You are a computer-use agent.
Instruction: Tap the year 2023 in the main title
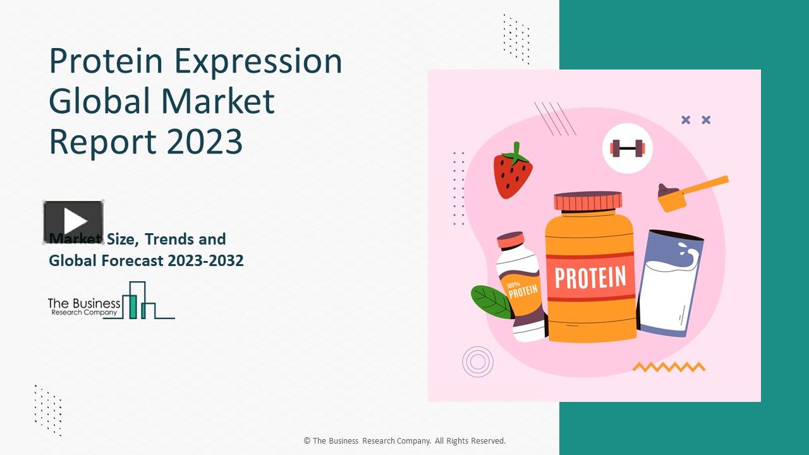[x=205, y=141]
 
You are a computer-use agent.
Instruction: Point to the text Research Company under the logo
[x=83, y=313]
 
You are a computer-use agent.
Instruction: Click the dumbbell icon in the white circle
[x=627, y=149]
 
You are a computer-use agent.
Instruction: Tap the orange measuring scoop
[x=692, y=192]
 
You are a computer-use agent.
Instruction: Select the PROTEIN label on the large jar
[x=590, y=277]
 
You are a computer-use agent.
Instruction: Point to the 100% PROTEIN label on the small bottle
[x=522, y=290]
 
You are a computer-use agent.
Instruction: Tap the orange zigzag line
[x=669, y=367]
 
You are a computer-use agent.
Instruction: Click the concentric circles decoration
[x=478, y=362]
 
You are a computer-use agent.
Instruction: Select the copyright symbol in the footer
[x=307, y=441]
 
